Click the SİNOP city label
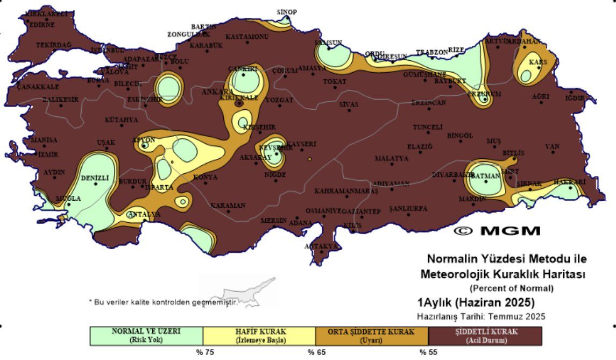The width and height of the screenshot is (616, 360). [287, 12]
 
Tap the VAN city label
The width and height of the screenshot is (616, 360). [552, 146]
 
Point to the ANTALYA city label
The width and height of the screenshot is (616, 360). [144, 214]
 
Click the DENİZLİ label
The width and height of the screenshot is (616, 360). [95, 178]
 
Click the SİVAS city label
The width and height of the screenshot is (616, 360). [349, 104]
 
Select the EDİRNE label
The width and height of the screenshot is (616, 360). [41, 24]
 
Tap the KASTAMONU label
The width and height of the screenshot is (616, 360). [246, 37]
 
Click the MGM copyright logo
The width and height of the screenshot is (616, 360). [497, 231]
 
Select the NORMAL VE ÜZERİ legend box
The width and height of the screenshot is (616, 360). [146, 335]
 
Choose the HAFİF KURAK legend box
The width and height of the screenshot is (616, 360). [259, 335]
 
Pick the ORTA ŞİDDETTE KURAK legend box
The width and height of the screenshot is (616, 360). [372, 335]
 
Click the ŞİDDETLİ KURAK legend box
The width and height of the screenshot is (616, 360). [485, 335]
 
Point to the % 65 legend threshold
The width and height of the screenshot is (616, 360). [311, 352]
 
